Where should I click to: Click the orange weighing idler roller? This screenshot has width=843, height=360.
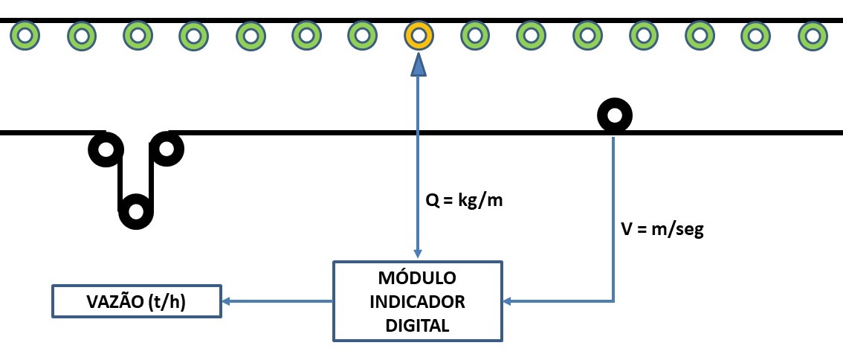[419, 34]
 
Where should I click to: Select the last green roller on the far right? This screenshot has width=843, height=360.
[812, 34]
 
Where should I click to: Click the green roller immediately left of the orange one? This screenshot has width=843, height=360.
[362, 34]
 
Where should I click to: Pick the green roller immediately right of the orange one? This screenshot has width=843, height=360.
[474, 34]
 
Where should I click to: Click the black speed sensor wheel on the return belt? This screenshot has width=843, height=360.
[615, 116]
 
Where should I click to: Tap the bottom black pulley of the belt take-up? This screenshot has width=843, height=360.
[136, 211]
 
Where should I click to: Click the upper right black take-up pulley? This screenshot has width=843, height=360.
[167, 150]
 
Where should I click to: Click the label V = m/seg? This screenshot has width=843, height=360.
[662, 230]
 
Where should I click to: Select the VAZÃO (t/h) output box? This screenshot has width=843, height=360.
[137, 301]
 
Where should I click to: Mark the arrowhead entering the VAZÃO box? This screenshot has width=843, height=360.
[227, 301]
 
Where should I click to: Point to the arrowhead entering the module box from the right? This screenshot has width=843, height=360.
[508, 301]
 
